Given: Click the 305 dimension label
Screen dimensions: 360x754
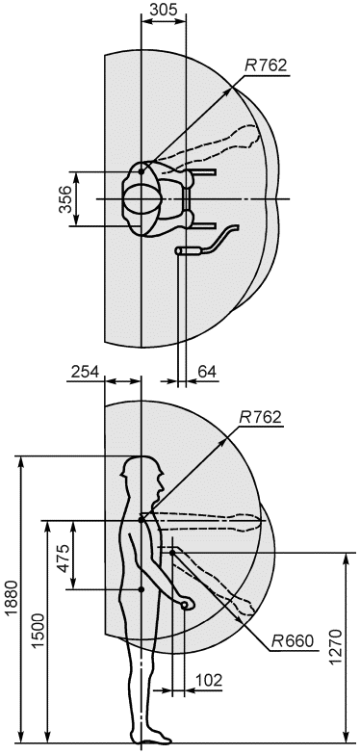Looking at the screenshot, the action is coord(164,9).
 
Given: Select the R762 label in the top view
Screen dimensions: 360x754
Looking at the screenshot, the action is coord(266,65).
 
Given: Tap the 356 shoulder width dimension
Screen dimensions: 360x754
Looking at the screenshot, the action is coord(65,198).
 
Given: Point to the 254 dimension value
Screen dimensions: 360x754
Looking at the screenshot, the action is coord(85,372).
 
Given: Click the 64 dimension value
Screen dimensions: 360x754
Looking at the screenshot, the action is coord(207,372).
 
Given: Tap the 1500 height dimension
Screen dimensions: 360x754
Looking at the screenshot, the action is coord(39,632).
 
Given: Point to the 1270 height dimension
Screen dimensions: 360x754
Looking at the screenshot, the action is coord(337,646).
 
